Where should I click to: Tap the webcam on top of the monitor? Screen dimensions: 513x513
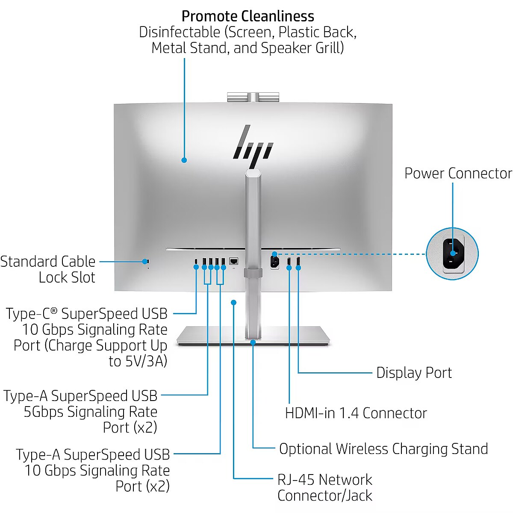click(x=253, y=97)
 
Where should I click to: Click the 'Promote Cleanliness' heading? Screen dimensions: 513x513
click(x=248, y=16)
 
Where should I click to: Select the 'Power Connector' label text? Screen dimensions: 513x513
click(x=458, y=173)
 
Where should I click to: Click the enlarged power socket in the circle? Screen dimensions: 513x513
click(x=452, y=254)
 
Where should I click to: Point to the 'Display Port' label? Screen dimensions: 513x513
click(x=414, y=373)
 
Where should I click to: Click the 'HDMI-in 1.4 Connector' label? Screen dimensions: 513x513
click(x=356, y=413)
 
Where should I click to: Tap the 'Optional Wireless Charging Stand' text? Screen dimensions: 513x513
click(x=383, y=449)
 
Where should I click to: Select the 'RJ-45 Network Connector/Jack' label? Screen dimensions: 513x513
click(x=324, y=487)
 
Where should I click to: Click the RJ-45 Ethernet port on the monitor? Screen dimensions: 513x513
click(x=233, y=261)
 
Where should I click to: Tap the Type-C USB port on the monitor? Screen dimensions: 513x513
click(x=196, y=261)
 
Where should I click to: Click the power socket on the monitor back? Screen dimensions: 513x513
click(x=274, y=261)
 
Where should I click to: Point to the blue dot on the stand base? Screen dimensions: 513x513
click(x=253, y=342)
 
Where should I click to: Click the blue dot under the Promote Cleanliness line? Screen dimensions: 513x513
click(x=184, y=160)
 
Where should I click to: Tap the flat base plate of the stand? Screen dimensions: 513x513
click(x=291, y=335)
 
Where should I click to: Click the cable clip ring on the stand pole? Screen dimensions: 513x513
click(x=253, y=273)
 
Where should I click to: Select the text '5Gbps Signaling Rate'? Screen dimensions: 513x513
click(x=91, y=412)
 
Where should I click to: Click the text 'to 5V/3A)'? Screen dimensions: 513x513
click(x=138, y=361)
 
